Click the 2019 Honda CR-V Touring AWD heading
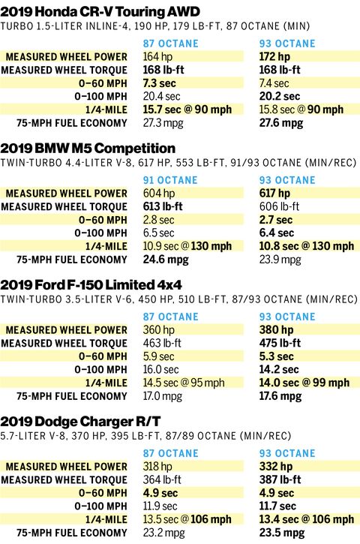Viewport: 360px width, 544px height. point(100,12)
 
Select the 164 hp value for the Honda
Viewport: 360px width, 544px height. point(157,56)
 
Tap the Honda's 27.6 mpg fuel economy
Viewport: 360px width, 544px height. point(281,123)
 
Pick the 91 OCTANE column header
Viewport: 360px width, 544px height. point(170,180)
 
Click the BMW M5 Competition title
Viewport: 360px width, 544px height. point(88,149)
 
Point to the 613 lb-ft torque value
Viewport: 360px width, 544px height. point(163,206)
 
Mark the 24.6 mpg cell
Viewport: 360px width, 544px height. point(166,260)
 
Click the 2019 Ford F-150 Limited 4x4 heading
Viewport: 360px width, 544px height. point(91,285)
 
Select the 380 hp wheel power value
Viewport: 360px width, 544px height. point(277,329)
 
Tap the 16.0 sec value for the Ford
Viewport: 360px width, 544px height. point(161,369)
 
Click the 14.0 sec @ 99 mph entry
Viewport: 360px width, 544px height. point(304,383)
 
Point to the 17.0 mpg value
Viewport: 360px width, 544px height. point(163,396)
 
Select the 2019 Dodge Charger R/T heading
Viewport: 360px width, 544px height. point(80,422)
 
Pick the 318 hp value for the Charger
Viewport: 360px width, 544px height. point(157,466)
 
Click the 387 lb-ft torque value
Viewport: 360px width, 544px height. point(280,479)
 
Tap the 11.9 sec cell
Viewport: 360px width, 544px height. point(160,506)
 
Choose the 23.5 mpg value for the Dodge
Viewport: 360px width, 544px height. point(282,533)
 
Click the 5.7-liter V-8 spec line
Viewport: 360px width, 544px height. point(146,436)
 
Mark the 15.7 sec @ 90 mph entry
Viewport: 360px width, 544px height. point(187,110)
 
